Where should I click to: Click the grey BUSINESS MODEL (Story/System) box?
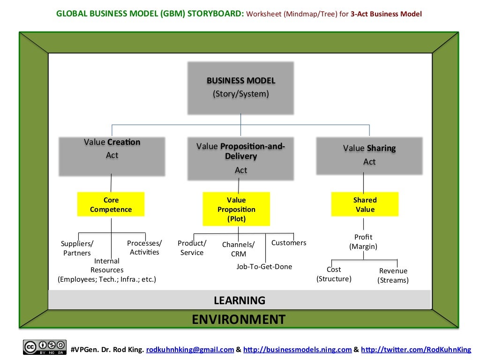click(x=241, y=88)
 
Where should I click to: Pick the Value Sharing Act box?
click(x=369, y=155)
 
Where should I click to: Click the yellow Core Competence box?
click(x=111, y=205)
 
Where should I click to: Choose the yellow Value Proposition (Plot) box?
click(x=236, y=209)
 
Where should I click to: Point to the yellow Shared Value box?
click(x=365, y=205)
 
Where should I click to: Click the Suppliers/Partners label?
click(x=77, y=248)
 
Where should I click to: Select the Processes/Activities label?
click(x=144, y=247)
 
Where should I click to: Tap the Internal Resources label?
click(x=107, y=266)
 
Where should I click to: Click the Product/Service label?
click(x=192, y=248)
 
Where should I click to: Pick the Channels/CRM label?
click(x=238, y=249)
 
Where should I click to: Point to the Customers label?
click(x=289, y=243)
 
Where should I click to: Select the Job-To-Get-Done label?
click(x=264, y=267)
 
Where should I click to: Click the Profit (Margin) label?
click(x=363, y=242)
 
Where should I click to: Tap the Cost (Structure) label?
click(x=334, y=274)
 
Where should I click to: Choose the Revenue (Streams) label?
click(x=393, y=276)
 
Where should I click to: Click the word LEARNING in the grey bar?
click(x=240, y=300)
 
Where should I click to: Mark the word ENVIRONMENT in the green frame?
click(x=239, y=320)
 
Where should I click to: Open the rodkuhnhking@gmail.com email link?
click(x=190, y=350)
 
